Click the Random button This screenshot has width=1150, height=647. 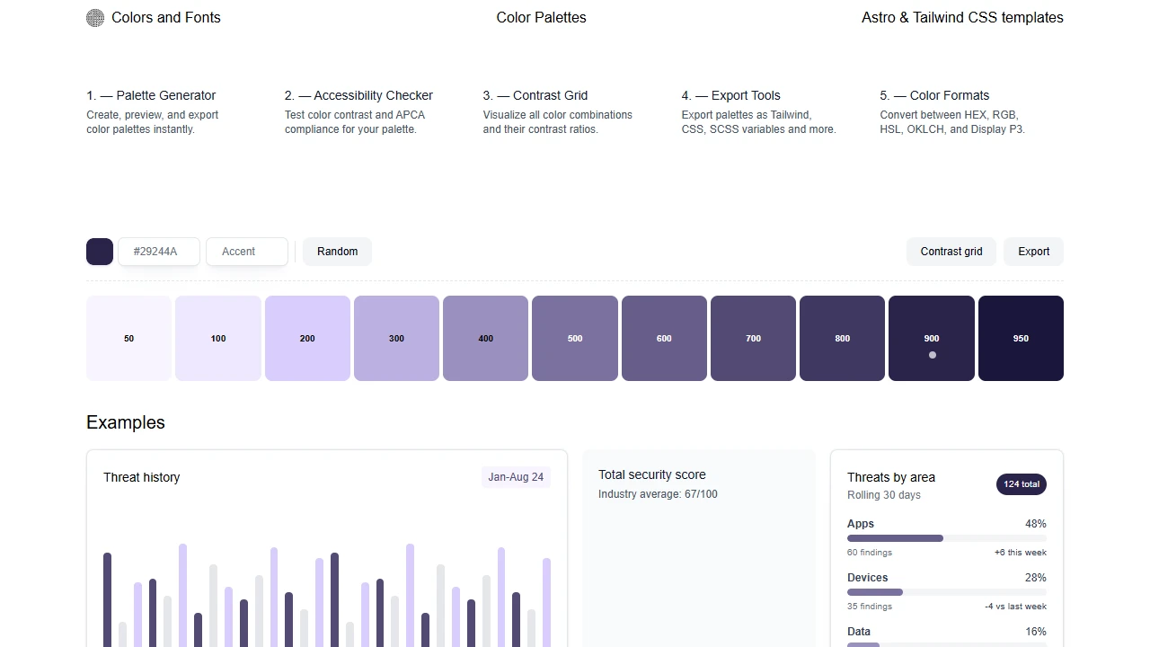coord(337,252)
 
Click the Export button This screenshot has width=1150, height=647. coord(1033,252)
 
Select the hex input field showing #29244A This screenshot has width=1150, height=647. coord(159,252)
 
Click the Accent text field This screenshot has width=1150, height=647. coord(247,252)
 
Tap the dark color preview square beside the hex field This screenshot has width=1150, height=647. coord(100,252)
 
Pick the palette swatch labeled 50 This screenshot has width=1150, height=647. coord(128,338)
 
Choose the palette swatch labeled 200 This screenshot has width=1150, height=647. coord(307,338)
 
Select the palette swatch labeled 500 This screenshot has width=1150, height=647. coord(575,338)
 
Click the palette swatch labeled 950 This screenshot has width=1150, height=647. coord(1021,338)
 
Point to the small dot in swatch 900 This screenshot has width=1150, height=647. coord(932,355)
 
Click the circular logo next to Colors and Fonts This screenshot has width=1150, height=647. coord(95,18)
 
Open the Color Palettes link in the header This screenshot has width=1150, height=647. coord(541,18)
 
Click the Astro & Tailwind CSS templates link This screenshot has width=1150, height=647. coord(962,18)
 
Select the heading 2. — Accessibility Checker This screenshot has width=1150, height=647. coord(358,95)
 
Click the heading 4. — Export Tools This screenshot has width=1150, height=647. coord(730,95)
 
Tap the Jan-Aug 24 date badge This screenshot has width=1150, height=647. coord(516,477)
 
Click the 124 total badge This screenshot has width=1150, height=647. coord(1022,484)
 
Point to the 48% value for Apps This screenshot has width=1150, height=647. coord(1035,524)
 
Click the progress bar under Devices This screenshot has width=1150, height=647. coord(946,592)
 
